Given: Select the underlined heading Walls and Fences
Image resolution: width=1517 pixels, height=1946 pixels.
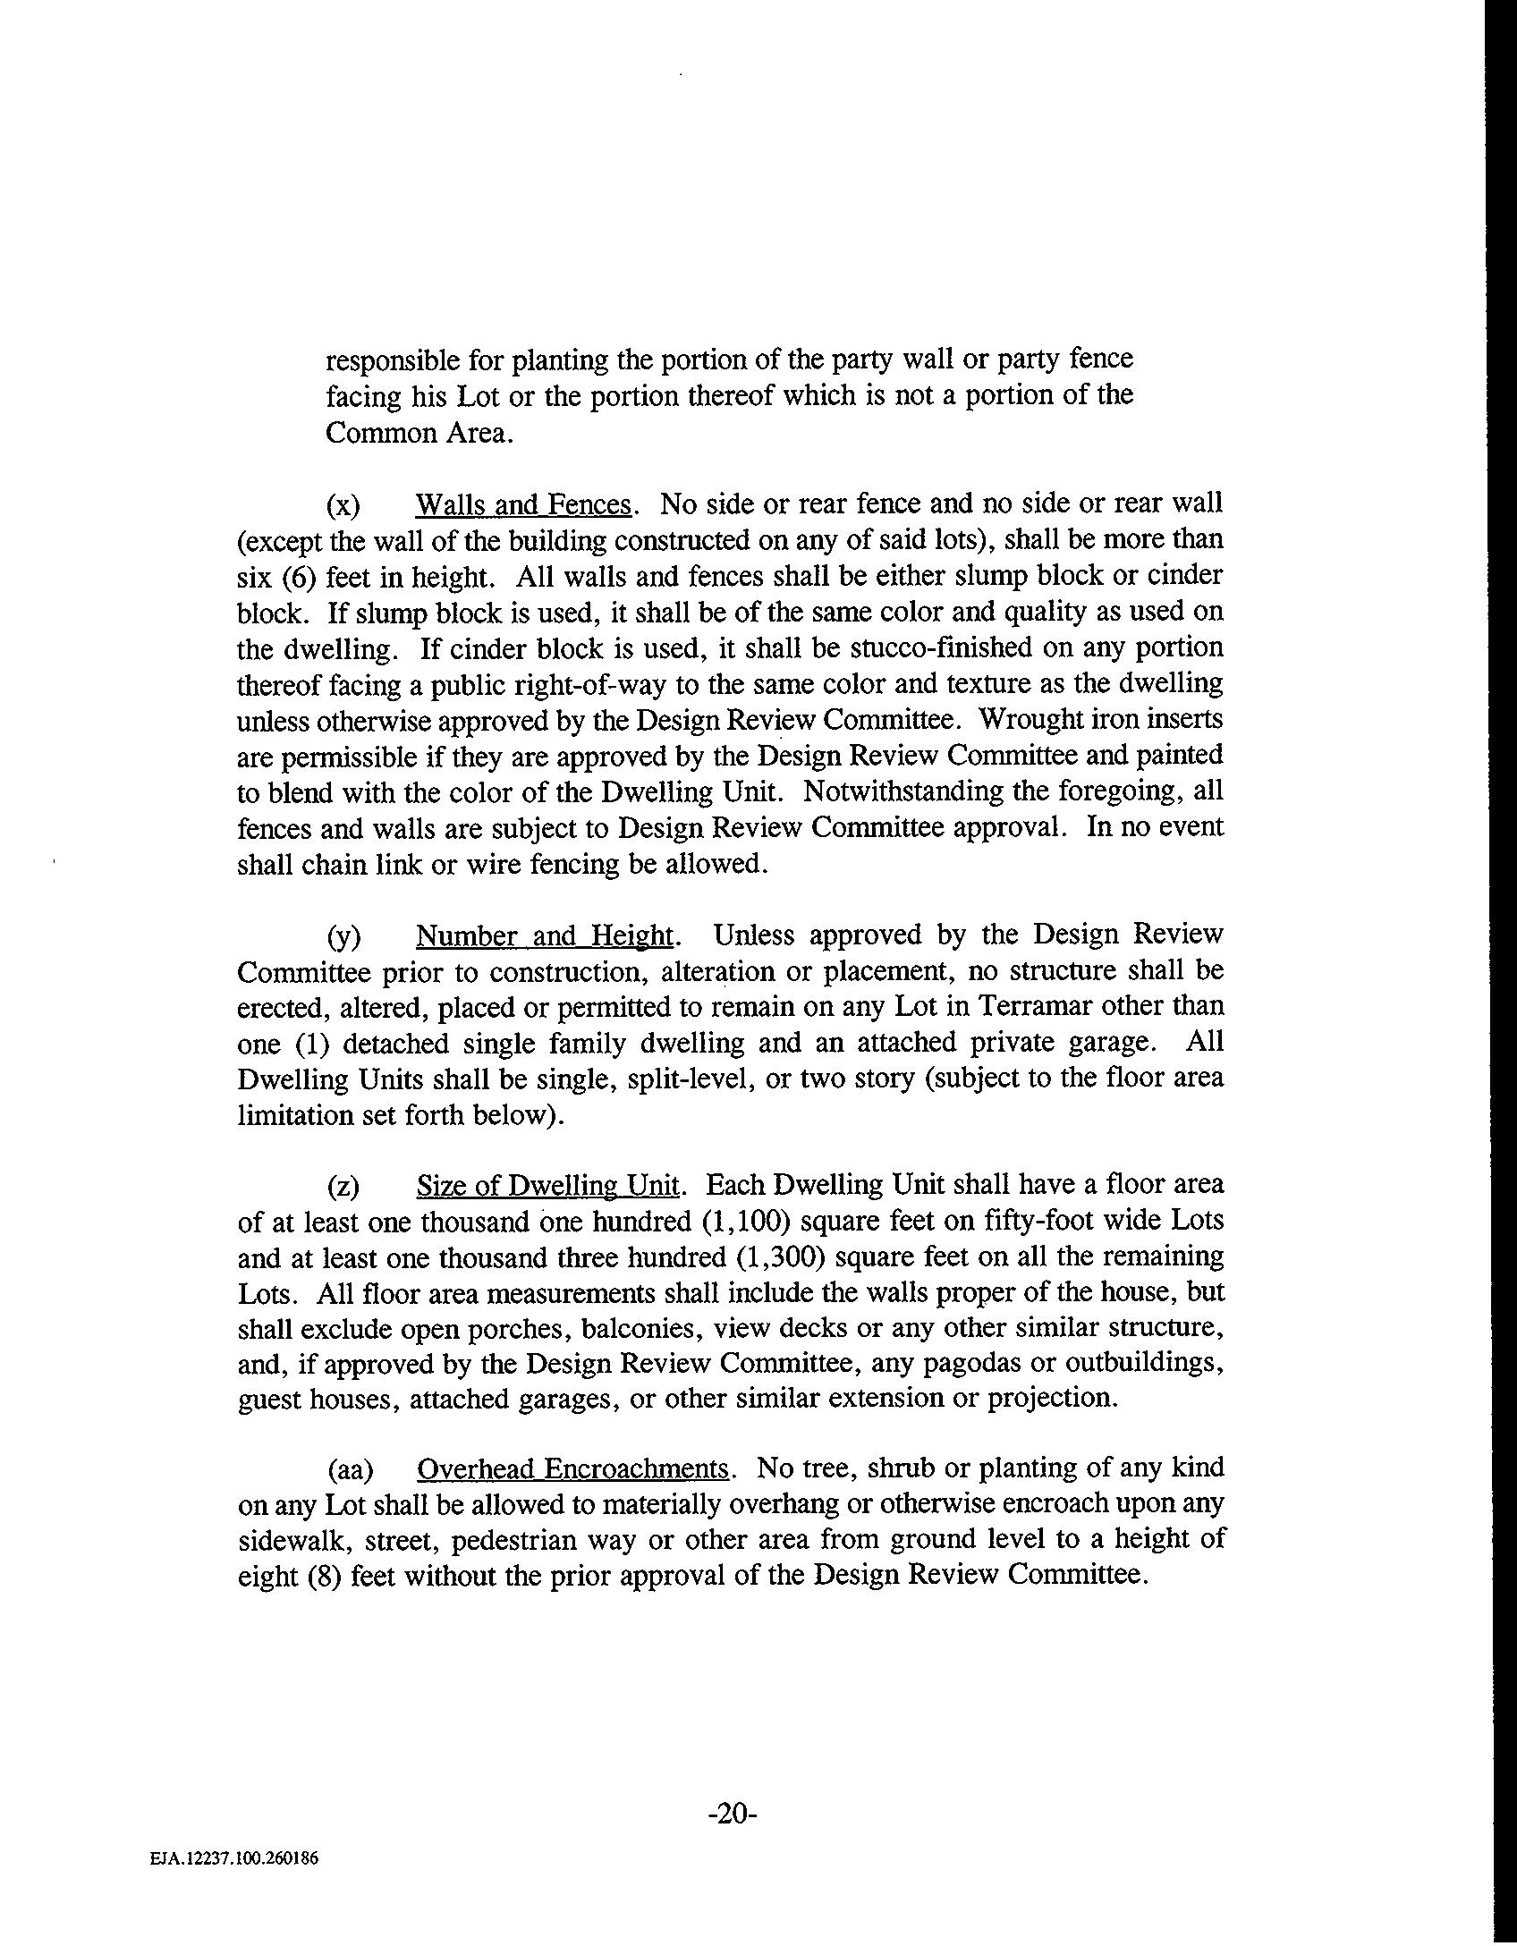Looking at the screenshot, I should (523, 505).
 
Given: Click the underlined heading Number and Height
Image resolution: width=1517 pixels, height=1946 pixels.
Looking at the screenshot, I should (545, 935).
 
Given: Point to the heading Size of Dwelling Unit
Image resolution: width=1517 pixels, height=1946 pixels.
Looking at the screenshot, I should (548, 1186).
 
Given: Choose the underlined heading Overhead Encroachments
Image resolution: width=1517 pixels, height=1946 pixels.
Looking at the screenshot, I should (573, 1469).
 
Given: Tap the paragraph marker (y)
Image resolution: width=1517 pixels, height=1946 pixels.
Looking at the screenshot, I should (343, 936).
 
